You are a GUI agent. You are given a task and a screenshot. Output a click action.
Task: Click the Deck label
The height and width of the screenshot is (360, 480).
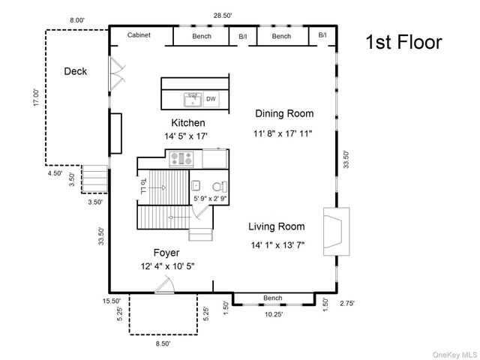pyautogui.click(x=75, y=71)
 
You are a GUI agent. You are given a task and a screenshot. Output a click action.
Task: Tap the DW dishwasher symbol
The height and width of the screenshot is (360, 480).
pyautogui.click(x=211, y=99)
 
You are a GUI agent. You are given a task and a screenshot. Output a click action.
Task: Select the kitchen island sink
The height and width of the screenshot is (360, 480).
pyautogui.click(x=193, y=100)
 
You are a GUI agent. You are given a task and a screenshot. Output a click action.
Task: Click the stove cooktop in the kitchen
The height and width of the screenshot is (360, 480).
pyautogui.click(x=181, y=159)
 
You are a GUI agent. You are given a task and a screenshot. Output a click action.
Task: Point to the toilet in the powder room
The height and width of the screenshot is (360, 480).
pyautogui.click(x=220, y=187)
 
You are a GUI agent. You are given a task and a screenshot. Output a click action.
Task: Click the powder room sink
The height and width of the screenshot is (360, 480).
pyautogui.click(x=196, y=185)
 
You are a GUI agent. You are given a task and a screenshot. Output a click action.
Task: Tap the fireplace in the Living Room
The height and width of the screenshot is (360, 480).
pyautogui.click(x=337, y=232)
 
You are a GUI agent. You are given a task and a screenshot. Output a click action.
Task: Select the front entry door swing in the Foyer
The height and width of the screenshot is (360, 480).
pyautogui.click(x=165, y=285)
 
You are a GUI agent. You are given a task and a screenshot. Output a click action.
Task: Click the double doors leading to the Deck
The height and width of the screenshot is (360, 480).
pyautogui.click(x=117, y=73)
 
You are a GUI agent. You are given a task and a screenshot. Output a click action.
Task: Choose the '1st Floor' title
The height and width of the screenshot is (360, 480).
pyautogui.click(x=403, y=42)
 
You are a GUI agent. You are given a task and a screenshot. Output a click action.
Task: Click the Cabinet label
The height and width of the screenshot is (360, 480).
pyautogui.click(x=139, y=35)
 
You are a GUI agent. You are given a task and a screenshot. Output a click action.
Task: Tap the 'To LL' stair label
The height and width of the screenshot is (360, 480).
pyautogui.click(x=143, y=186)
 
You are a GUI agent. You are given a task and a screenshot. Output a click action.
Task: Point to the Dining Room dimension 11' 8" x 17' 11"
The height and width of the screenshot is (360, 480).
pyautogui.click(x=283, y=133)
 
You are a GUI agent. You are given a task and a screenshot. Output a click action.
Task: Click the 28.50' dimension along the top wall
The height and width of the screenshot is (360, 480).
pyautogui.click(x=223, y=16)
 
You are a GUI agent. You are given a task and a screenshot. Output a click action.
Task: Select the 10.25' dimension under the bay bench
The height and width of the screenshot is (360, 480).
pyautogui.click(x=274, y=314)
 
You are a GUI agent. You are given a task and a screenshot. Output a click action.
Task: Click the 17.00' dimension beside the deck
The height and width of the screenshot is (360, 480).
pyautogui.click(x=37, y=97)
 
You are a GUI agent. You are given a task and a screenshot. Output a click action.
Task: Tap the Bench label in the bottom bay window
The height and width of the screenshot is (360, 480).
pyautogui.click(x=272, y=298)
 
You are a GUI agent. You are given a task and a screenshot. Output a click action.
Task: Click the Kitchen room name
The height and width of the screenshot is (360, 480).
pyautogui.click(x=188, y=123)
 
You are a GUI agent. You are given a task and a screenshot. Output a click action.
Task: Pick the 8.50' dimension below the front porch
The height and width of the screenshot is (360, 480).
pyautogui.click(x=163, y=343)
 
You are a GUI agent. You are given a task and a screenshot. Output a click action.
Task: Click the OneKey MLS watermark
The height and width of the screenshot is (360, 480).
pyautogui.click(x=454, y=355)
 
